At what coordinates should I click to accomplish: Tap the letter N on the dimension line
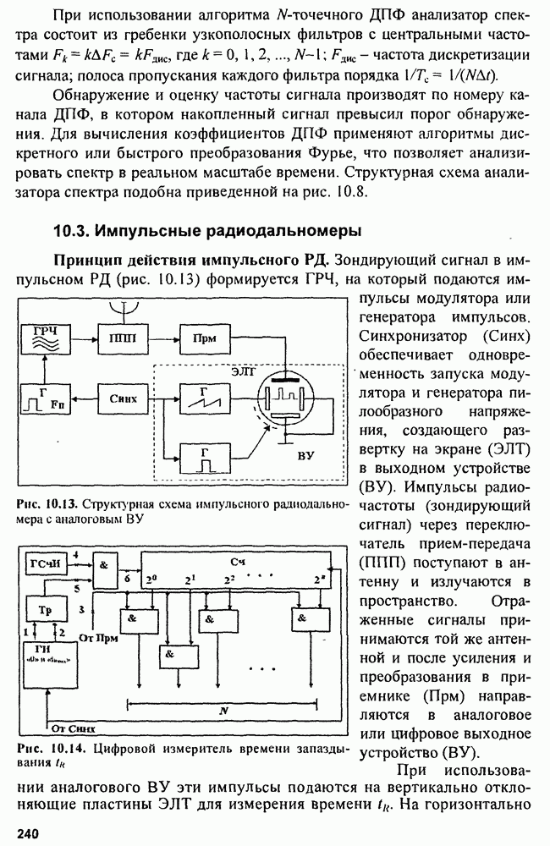223,711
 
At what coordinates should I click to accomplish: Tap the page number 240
26,834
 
